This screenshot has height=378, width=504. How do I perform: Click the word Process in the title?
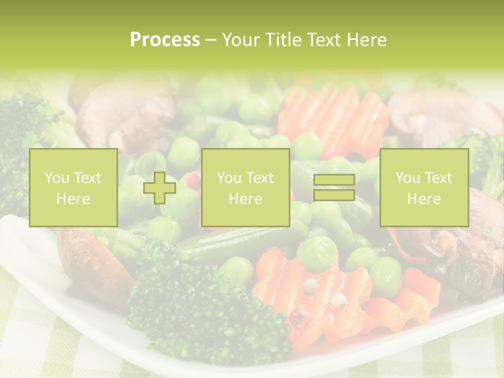click(165, 40)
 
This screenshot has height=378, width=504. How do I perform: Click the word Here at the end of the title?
click(366, 40)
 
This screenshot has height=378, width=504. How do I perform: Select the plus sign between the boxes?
click(160, 188)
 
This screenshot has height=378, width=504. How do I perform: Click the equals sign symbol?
click(334, 187)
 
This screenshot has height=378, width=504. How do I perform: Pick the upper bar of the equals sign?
click(334, 180)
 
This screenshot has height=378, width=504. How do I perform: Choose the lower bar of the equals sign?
click(334, 195)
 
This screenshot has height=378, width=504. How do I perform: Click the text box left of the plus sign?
click(73, 187)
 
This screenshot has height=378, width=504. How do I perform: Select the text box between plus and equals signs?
click(245, 187)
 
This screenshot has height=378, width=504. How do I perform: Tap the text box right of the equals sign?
click(424, 187)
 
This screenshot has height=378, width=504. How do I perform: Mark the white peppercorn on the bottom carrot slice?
click(310, 286)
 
